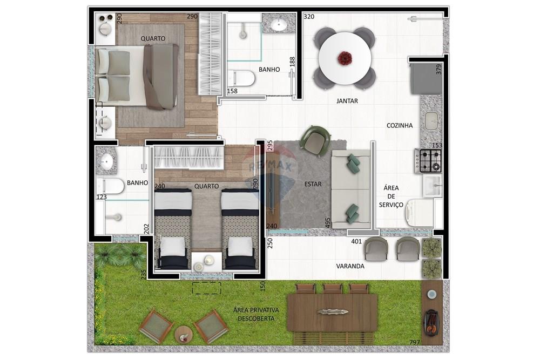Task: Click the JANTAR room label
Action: (347, 101)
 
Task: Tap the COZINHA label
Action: (400, 126)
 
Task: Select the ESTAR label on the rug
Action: (313, 184)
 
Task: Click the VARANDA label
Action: (350, 266)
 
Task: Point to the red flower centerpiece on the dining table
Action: (344, 58)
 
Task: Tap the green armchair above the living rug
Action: (314, 139)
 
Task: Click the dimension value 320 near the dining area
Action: (309, 17)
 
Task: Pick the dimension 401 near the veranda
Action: (356, 241)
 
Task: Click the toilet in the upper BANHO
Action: (241, 78)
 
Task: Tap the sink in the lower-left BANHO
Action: (106, 161)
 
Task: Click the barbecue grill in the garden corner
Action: (431, 322)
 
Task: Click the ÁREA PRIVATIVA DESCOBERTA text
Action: (256, 314)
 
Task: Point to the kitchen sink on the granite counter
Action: (432, 121)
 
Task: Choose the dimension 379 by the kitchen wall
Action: (439, 69)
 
